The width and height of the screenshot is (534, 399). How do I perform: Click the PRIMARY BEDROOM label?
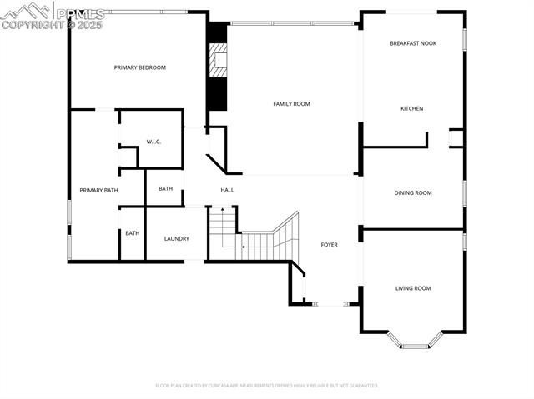(x=140, y=67)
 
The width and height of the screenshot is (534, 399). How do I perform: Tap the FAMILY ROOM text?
(x=291, y=104)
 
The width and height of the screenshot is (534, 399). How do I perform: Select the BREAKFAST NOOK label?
(x=413, y=43)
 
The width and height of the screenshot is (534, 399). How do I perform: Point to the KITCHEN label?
(x=411, y=109)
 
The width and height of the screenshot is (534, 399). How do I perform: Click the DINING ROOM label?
(x=413, y=193)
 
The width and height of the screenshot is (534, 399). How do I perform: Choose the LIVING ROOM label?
(x=413, y=288)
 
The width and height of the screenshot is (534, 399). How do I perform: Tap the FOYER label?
(x=330, y=245)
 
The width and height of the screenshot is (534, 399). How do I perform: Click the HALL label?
(x=227, y=190)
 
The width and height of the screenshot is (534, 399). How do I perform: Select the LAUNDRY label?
(x=176, y=239)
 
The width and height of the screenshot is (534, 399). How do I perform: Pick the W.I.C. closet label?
(x=154, y=142)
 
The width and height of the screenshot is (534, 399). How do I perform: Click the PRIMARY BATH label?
(x=98, y=191)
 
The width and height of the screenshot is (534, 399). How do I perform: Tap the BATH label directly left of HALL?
(x=166, y=189)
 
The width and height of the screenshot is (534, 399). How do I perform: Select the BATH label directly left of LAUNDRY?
(x=133, y=233)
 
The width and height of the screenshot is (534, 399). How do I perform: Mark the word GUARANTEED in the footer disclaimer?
(x=360, y=386)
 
